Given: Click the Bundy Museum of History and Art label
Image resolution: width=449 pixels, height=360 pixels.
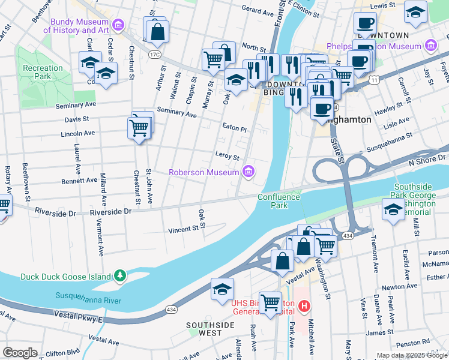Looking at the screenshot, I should coord(80,25).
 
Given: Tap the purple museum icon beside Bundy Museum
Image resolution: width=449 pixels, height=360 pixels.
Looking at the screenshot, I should coord(118,25).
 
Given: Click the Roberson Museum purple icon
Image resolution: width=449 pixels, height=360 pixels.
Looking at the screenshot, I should coord(248,173).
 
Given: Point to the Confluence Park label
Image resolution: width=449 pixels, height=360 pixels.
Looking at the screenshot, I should coord(279,200).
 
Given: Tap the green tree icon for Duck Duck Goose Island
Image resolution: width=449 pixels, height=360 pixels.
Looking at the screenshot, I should coord(121,275).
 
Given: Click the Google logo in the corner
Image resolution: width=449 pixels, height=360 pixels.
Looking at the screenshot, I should coord(20,352).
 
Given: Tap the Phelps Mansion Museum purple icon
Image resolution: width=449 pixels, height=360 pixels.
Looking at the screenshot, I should coord(430,46).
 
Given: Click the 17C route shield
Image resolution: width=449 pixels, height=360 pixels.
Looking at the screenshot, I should coord(155,55).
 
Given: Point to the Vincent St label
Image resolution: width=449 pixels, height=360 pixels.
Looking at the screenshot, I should coord(183,229).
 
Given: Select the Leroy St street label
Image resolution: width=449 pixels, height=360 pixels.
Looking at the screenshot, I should coord(227,156).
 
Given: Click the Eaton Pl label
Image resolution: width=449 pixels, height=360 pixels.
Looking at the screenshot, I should coord(234,128).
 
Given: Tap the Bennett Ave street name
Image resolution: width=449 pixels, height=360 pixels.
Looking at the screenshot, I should coord(79,180).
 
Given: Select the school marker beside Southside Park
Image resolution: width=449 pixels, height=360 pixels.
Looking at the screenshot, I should coord(393,209).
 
